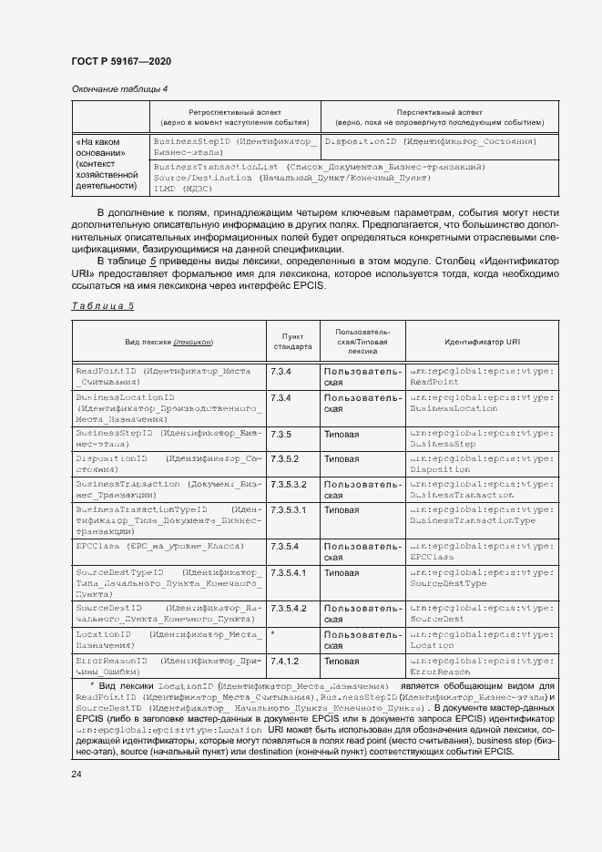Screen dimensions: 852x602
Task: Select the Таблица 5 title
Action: [x=102, y=306]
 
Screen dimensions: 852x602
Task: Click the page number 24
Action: [x=77, y=774]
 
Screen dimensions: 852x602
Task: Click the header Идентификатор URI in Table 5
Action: [x=482, y=342]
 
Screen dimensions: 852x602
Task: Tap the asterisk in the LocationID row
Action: [x=273, y=632]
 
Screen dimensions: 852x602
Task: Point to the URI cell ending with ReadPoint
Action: [x=481, y=377]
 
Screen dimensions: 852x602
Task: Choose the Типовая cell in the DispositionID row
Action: [x=342, y=458]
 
